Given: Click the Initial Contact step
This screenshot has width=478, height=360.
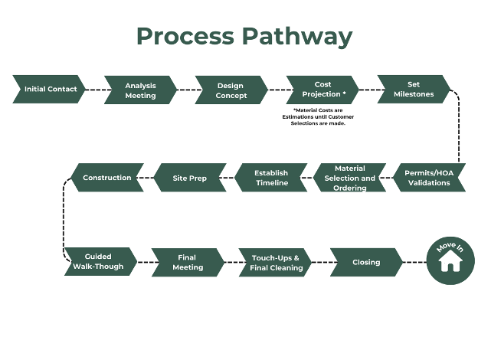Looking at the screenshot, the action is (49, 89).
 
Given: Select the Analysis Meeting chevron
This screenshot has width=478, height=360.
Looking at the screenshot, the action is (140, 90).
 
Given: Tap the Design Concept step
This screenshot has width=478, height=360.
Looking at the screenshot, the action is (231, 90).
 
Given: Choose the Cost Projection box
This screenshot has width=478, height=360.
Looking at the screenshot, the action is (322, 90).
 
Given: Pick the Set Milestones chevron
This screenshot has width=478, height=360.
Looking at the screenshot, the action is (414, 90).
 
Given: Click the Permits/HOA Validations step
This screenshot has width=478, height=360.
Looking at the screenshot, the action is (429, 178).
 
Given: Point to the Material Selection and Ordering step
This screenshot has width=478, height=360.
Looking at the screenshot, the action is (349, 178).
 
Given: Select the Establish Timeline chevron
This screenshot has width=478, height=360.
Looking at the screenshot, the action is (271, 178).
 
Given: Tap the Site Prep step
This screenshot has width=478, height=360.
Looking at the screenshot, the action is (190, 178).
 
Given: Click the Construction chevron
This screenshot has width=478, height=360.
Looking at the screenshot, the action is (107, 178).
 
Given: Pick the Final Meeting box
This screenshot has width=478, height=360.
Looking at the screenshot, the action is (188, 263).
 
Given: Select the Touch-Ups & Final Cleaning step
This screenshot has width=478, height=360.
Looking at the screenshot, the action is (275, 263).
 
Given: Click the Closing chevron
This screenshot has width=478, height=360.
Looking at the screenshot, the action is (366, 263).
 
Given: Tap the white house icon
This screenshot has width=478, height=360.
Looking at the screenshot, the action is (450, 261).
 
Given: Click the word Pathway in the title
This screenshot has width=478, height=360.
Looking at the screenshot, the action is (297, 37).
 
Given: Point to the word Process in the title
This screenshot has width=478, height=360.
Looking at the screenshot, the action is (185, 36).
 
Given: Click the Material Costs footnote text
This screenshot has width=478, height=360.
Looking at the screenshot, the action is (318, 116).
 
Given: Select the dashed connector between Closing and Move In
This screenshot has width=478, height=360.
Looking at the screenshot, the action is (414, 262).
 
